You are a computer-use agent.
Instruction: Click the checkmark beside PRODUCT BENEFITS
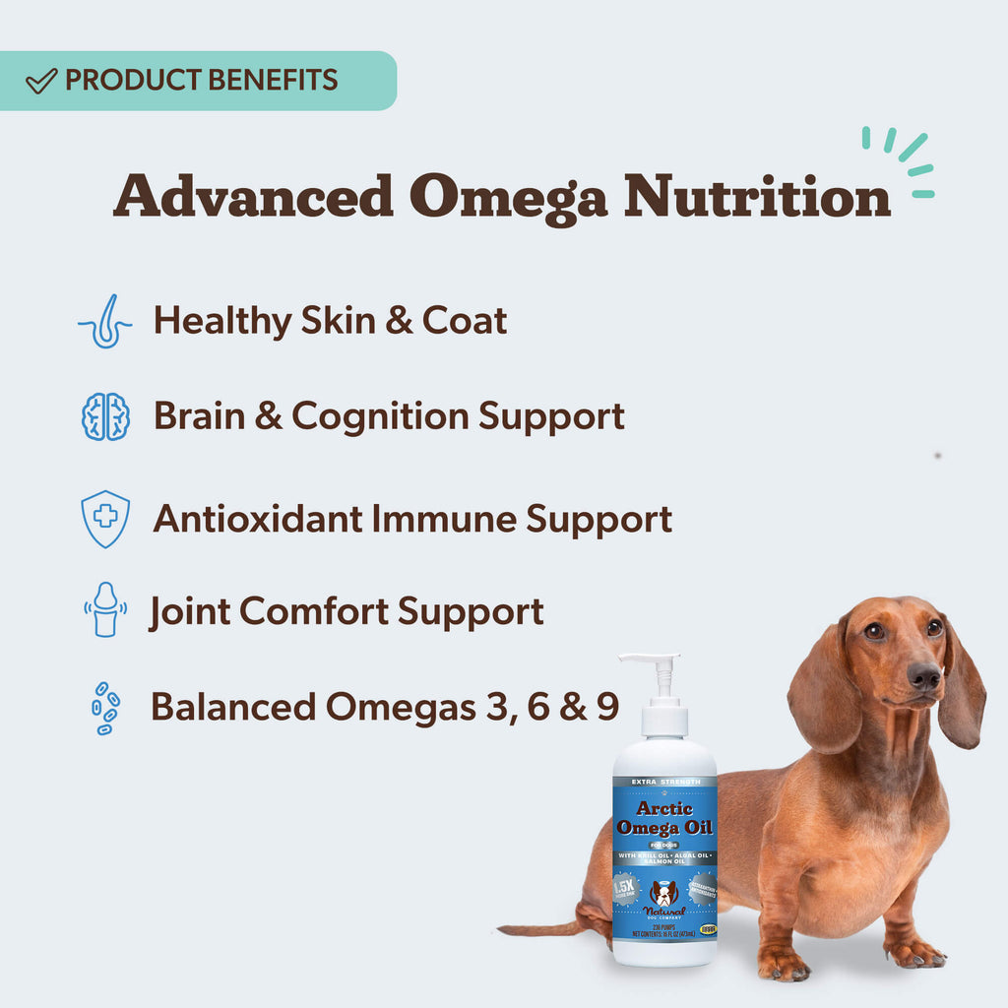tap(40, 81)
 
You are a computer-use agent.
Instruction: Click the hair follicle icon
tap(105, 321)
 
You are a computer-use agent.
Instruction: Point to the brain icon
tap(105, 416)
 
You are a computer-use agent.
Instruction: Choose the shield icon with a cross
tap(105, 518)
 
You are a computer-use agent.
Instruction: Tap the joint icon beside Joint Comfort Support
tap(105, 609)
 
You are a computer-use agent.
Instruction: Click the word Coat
tap(465, 321)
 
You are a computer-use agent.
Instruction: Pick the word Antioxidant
tap(258, 518)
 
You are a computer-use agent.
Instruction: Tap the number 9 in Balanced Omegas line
tap(606, 707)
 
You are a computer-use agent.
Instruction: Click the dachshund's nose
tap(924, 675)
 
